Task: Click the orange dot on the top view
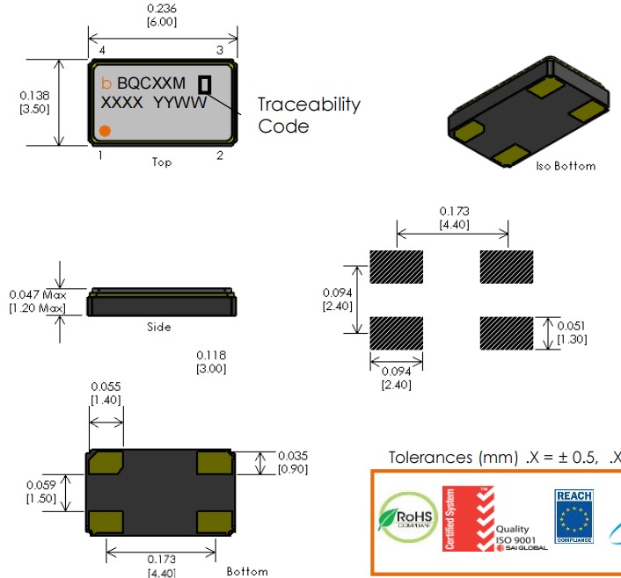coord(104,131)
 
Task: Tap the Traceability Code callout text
coord(308,115)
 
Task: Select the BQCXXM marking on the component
coord(150,83)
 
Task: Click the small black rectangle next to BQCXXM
coord(205,84)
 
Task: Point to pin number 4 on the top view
coord(103,49)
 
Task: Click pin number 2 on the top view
coord(220,155)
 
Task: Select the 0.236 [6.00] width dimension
coord(161,15)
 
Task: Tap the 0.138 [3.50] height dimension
coord(33,103)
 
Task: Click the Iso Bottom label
coord(566,165)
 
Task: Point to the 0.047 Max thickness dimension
coord(37,301)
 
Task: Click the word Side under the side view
coord(159,327)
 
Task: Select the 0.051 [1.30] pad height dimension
coord(571,332)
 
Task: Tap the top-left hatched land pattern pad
coord(397,265)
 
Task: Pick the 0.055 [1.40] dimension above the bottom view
coord(106,393)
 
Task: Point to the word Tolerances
coord(430,458)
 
